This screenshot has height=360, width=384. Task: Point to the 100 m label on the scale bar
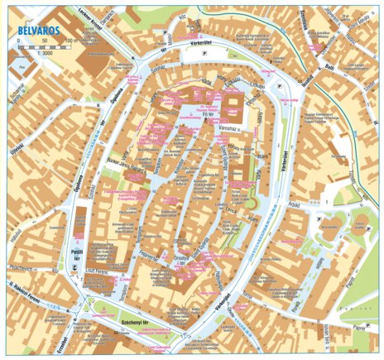[x=70, y=39]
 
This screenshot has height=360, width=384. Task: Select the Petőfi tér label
[x=75, y=247]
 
